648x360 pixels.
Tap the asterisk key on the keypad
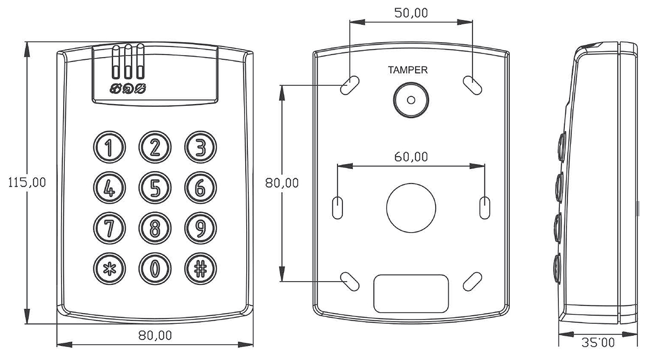click(109, 269)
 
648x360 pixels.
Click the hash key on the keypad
click(200, 269)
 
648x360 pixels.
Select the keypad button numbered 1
click(109, 147)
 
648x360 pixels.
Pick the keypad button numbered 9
click(200, 228)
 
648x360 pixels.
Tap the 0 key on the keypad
click(155, 269)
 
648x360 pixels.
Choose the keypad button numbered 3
click(200, 147)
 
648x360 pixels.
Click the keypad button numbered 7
click(109, 228)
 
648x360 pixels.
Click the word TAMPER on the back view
click(408, 70)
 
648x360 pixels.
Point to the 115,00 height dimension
click(27, 183)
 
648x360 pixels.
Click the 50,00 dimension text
click(411, 13)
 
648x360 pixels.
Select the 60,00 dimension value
click(411, 157)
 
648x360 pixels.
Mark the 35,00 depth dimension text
click(598, 343)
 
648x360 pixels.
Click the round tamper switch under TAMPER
click(411, 100)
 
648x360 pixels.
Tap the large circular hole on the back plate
click(411, 208)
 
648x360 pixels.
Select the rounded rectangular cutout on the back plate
click(411, 294)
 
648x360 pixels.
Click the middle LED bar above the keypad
click(128, 62)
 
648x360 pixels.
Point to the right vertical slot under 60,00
click(485, 208)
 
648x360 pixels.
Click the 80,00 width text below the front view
click(155, 336)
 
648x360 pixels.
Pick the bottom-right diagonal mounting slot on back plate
click(473, 281)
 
